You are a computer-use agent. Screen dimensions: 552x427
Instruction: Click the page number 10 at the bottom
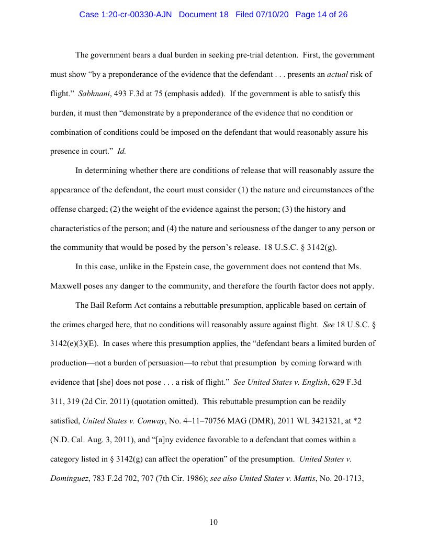[x=213, y=522]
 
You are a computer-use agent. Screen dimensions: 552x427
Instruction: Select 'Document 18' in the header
[x=204, y=15]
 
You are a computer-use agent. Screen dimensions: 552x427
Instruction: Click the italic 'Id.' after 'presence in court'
[x=121, y=152]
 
